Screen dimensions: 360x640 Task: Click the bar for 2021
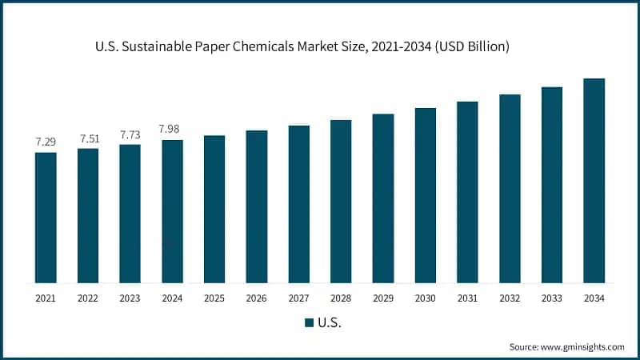46,217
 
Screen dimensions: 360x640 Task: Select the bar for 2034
594,180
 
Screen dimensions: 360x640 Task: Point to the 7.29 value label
46,142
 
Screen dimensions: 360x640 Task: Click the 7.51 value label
88,138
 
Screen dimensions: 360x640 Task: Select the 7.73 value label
130,134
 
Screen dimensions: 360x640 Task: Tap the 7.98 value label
172,129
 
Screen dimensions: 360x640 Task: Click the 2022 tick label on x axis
88,298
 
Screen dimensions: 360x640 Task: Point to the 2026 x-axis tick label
257,298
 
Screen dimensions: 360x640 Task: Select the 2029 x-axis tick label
383,298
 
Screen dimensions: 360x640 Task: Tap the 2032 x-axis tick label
510,298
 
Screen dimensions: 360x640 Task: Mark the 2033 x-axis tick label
552,298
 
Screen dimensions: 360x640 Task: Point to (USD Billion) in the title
474,47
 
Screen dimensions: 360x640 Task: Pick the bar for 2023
130,213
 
